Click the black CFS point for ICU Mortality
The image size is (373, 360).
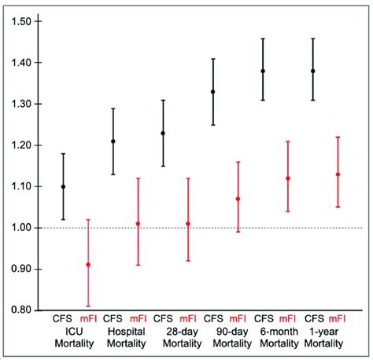[x=63, y=186]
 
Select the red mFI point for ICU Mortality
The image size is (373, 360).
[x=87, y=265]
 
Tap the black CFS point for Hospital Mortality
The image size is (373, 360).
[x=113, y=141]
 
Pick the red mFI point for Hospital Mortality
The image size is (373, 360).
[x=138, y=224]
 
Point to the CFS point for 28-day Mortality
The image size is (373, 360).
[x=163, y=133]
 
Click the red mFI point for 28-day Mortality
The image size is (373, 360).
[x=187, y=224]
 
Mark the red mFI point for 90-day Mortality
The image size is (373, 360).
[x=238, y=199]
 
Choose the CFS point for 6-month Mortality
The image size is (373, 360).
[x=263, y=71]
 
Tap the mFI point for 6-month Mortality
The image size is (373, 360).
[x=288, y=178]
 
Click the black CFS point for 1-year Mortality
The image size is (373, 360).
[x=312, y=71]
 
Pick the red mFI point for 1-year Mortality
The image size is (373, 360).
[x=338, y=174]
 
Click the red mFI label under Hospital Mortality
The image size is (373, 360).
[x=138, y=320]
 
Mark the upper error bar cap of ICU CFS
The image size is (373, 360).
[x=63, y=153]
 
